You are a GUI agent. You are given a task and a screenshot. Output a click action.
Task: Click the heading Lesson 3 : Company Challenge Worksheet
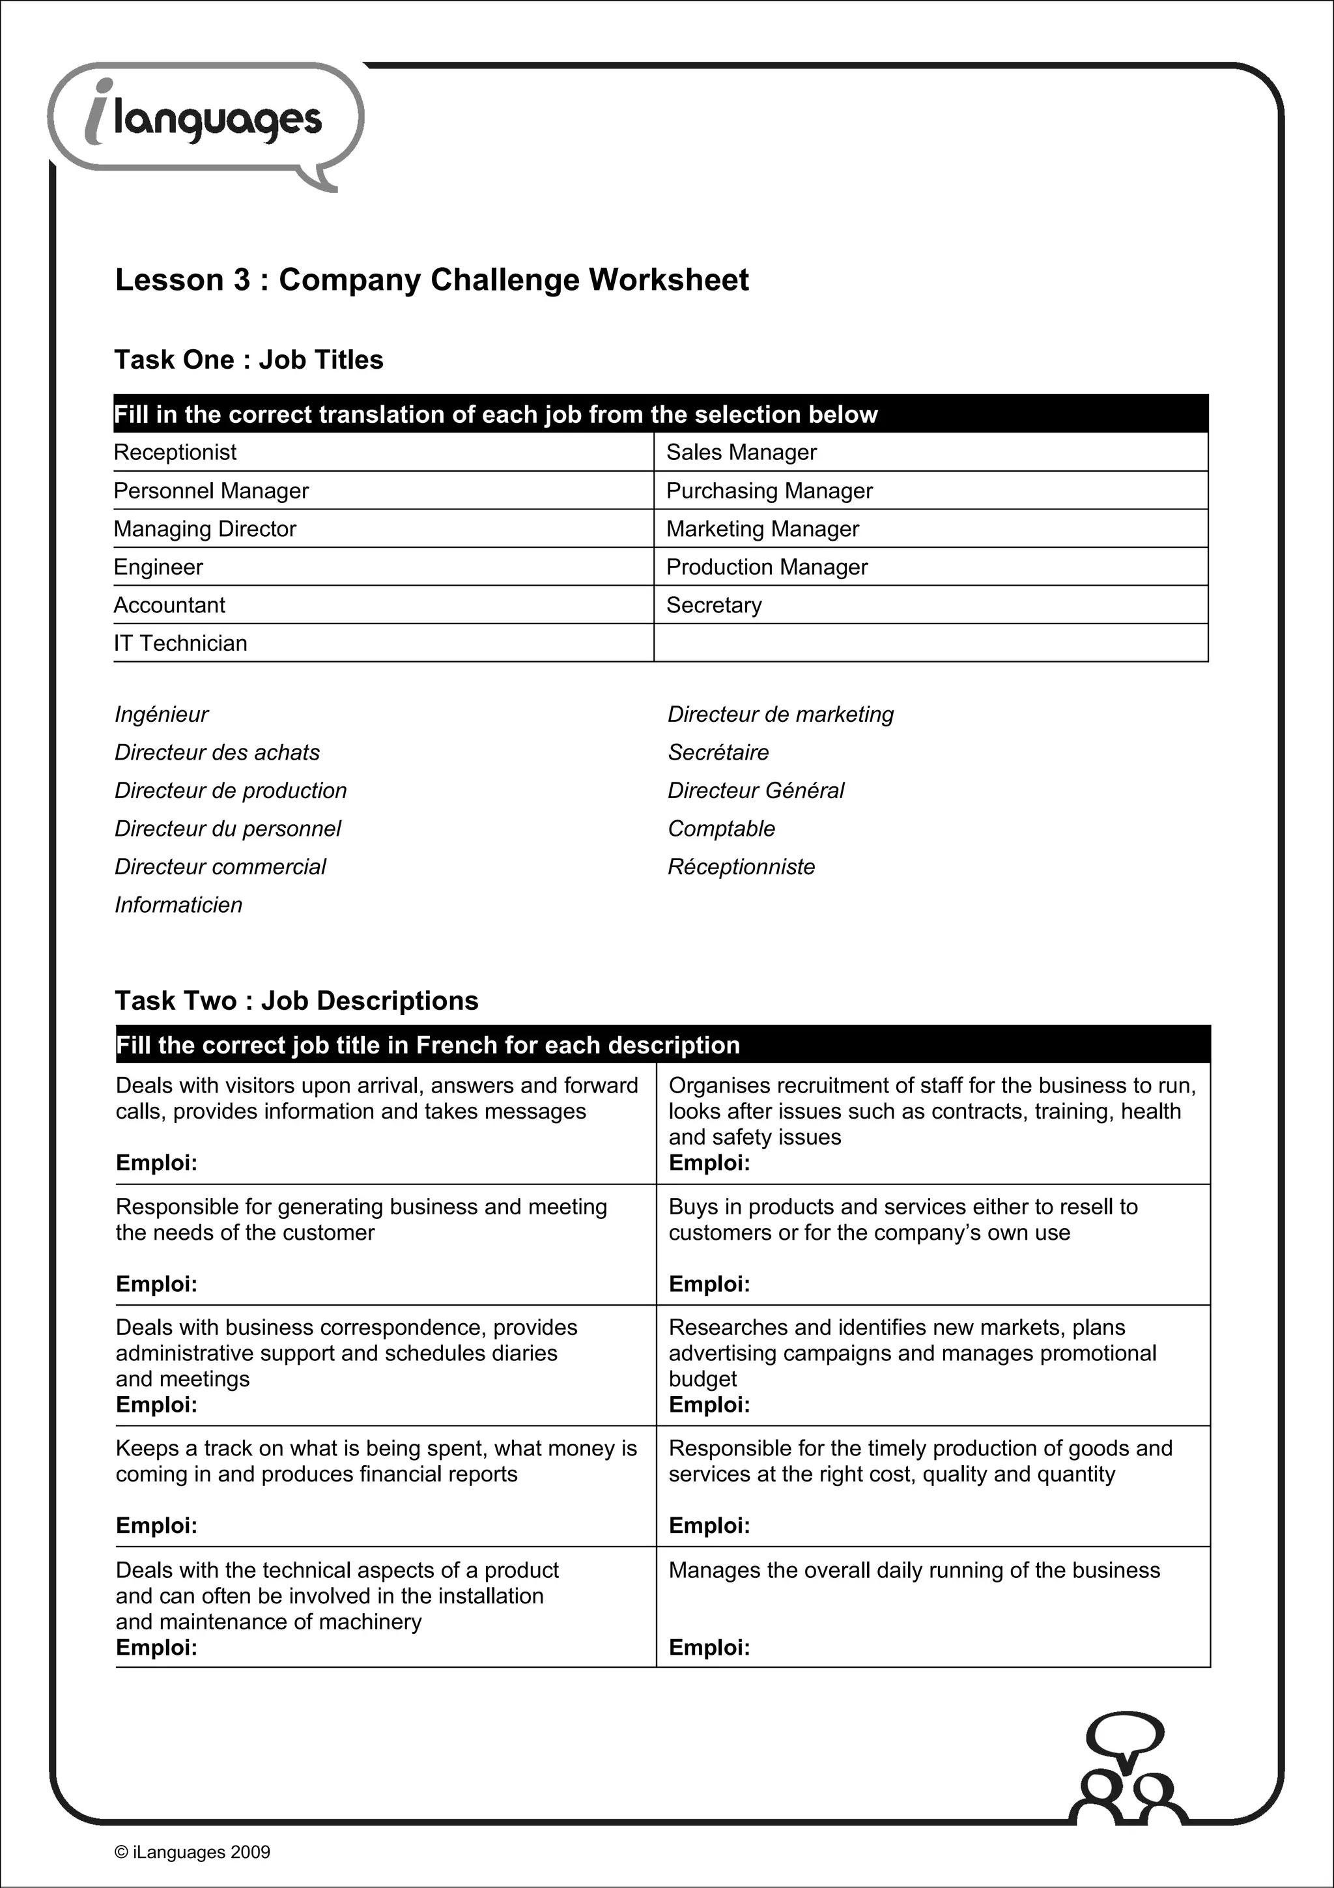431,280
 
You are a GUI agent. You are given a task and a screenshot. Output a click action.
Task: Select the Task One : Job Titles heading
249,360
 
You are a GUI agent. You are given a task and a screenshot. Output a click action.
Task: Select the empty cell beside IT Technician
930,643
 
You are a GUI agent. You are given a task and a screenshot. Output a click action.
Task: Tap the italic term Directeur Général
756,791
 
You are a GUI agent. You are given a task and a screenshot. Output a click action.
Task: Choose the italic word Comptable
722,829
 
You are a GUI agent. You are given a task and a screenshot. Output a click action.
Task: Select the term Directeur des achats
217,752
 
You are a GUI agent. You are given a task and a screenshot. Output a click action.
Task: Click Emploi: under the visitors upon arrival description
157,1163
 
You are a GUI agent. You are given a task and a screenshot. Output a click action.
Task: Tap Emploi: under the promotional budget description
709,1405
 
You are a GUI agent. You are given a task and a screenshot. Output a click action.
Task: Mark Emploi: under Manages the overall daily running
709,1647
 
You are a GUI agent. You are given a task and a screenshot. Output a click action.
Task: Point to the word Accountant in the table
169,605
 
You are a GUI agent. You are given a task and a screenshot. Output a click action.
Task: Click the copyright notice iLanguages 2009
192,1852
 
